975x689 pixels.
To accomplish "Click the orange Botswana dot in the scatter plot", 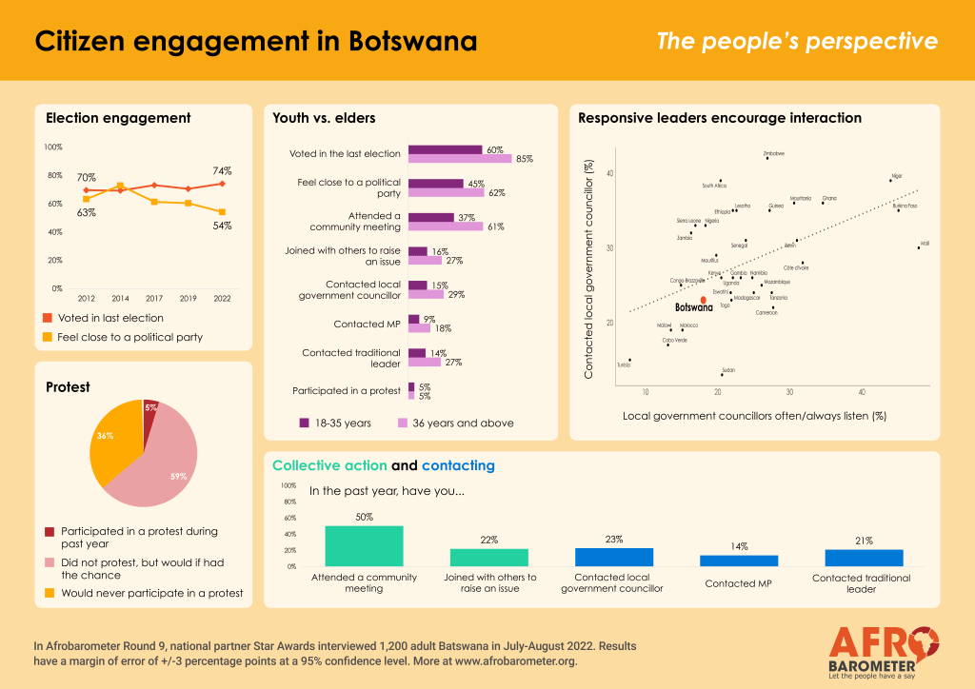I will tap(703, 300).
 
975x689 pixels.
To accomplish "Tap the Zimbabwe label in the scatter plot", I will tap(774, 152).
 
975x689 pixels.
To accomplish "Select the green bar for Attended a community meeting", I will tap(364, 545).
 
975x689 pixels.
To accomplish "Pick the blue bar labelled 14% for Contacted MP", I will tap(739, 561).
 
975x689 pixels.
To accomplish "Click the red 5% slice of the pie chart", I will tap(149, 410).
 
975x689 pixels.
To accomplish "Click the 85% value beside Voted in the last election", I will tap(524, 159).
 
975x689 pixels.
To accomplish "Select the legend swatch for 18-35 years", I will tap(305, 423).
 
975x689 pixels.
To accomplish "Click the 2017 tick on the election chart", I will tap(153, 297).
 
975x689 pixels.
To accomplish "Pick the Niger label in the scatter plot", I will tap(895, 176).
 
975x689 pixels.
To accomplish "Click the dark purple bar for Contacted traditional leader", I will tap(417, 353).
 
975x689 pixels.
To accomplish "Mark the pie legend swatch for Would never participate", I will tap(51, 592).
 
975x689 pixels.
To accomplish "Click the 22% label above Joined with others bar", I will tap(489, 540).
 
